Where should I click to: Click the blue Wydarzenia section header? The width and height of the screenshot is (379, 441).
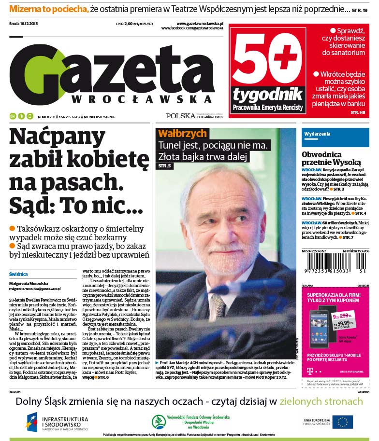coord(318,133)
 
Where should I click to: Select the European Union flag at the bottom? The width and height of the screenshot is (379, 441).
coord(342,422)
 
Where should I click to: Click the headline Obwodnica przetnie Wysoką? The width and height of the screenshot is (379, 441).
coord(331,158)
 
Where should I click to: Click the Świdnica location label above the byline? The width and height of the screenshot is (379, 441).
coord(17,274)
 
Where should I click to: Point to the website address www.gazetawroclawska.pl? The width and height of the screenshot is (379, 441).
coord(199,23)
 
